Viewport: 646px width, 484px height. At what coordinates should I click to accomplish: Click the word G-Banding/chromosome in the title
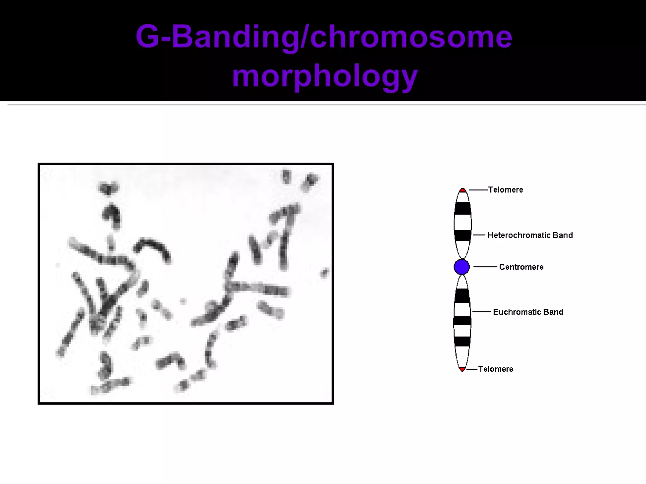click(x=324, y=37)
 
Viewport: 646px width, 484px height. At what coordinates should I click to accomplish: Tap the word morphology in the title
click(x=325, y=76)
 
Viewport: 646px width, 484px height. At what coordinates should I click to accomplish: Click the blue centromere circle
click(x=461, y=267)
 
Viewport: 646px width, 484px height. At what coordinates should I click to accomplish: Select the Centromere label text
click(x=521, y=267)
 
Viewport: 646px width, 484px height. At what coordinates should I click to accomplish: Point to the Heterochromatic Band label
click(x=530, y=235)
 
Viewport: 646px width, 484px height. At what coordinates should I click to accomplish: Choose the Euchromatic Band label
click(x=528, y=312)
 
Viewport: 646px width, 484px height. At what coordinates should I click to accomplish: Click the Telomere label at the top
click(x=505, y=190)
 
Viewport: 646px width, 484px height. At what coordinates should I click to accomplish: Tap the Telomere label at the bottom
click(x=496, y=369)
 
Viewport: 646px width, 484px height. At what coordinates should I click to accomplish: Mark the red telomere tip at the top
click(x=462, y=190)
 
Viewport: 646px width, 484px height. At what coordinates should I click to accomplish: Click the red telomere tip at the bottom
click(x=462, y=369)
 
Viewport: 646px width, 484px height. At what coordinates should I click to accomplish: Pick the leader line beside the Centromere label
click(x=485, y=267)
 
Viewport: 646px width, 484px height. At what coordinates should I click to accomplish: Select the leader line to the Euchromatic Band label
click(x=481, y=312)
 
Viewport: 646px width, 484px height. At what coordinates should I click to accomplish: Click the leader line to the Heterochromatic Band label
click(x=479, y=235)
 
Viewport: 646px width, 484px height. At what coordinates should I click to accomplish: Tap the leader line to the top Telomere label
click(x=478, y=190)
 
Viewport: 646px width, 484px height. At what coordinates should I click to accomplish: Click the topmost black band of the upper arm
click(x=462, y=208)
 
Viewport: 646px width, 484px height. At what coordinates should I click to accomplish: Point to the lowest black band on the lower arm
click(x=462, y=341)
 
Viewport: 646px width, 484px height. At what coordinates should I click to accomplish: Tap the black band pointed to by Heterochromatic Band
click(x=462, y=235)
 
